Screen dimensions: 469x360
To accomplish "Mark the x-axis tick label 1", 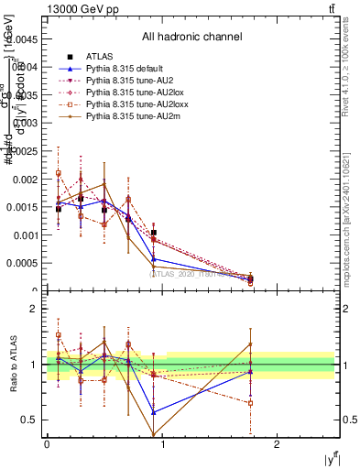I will coord(162,443).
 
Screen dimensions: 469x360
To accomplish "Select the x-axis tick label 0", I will coord(47,443).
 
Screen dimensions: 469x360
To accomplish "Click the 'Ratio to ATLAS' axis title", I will coord(10,365).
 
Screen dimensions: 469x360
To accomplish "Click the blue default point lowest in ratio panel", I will coord(153,412).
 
